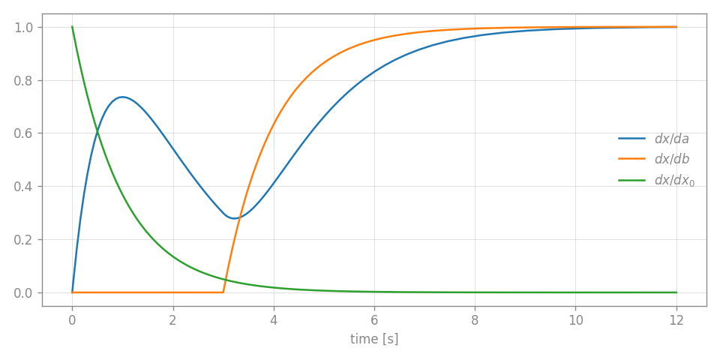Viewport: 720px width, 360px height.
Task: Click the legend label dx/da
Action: coord(671,139)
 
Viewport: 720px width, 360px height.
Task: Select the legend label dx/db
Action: coord(671,159)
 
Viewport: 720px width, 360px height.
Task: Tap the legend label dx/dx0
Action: coord(674,180)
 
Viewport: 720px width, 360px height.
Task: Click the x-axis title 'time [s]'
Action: coord(374,339)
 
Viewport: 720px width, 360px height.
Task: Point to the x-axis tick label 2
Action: coord(173,318)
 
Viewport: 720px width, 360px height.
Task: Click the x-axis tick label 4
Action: coord(274,318)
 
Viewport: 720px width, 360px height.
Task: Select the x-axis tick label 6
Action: coord(374,318)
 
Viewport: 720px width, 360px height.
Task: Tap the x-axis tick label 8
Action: coord(475,318)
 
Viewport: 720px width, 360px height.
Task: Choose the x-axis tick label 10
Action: coord(575,318)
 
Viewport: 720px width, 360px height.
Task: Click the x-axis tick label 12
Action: coord(676,318)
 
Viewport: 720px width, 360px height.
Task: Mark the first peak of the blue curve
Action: coord(122,97)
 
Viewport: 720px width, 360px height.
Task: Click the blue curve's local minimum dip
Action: coord(235,218)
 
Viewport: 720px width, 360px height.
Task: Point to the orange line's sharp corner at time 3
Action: coord(223,292)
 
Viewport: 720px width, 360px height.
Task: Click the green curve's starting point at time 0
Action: coord(72,28)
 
